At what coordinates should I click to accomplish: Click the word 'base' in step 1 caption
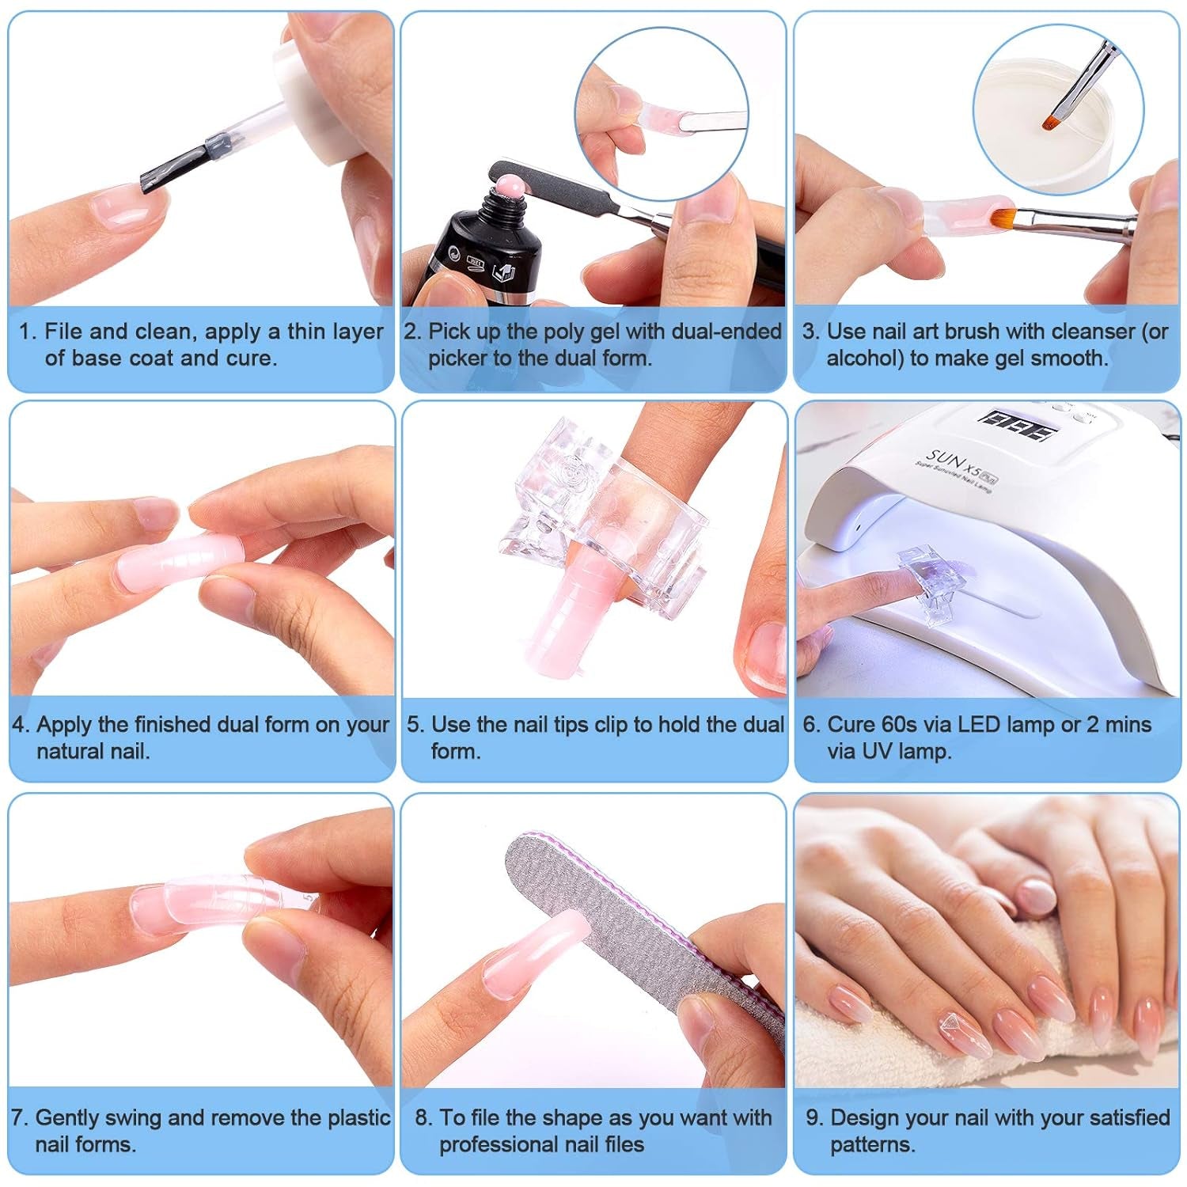coord(98,358)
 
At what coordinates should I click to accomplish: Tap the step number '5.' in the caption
coord(416,725)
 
